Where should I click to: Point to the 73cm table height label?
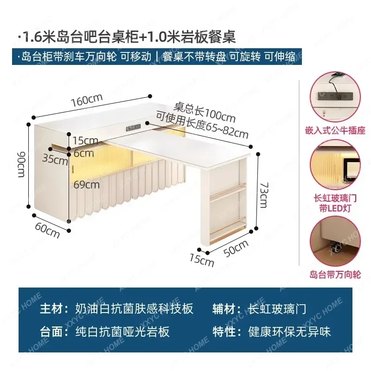(263, 194)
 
